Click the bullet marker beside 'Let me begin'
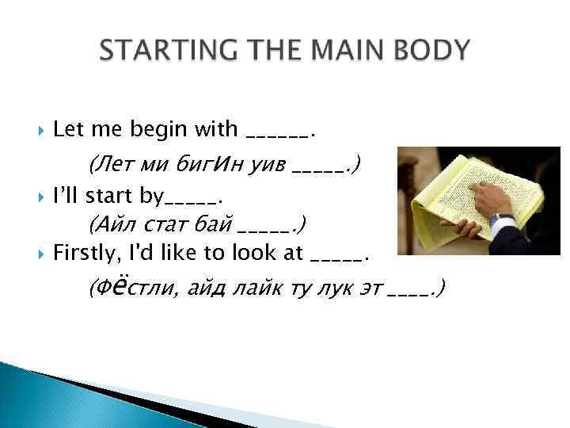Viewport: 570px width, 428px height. pos(40,128)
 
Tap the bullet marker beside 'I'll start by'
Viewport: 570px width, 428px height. pos(40,195)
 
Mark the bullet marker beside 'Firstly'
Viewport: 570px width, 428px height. pos(40,254)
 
